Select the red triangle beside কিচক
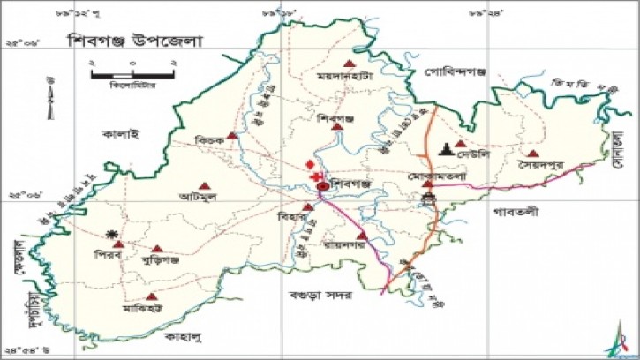click(x=231, y=136)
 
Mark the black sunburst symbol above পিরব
click(x=112, y=233)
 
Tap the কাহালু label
click(x=185, y=335)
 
